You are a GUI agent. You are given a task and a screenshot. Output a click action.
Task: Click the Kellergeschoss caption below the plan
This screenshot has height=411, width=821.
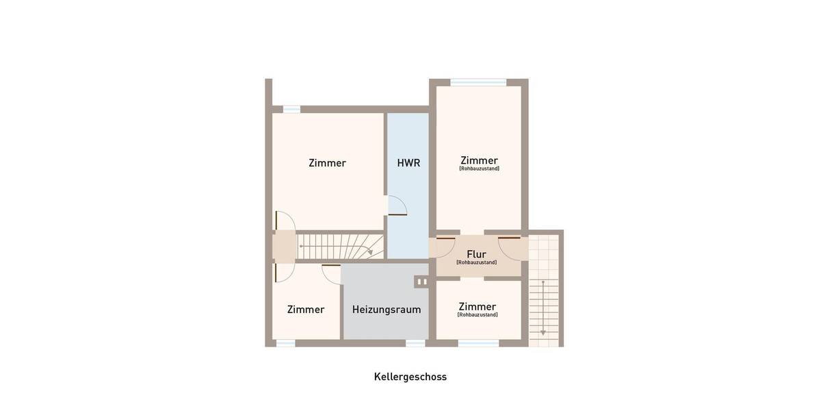(410, 377)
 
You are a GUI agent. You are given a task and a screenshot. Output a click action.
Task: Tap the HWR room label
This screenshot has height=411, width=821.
(408, 163)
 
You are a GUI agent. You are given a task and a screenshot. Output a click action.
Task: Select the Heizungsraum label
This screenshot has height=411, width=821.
(387, 310)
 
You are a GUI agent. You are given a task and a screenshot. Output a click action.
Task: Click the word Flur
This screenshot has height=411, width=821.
(476, 254)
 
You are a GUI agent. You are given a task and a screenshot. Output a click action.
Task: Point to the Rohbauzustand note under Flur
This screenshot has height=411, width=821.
(476, 262)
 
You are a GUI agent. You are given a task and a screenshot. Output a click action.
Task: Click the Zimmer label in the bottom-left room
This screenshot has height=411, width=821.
(306, 310)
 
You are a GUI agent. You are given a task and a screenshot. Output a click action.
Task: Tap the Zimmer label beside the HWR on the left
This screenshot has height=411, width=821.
(327, 163)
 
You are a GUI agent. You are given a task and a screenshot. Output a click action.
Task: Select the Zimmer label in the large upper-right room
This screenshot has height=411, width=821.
(479, 160)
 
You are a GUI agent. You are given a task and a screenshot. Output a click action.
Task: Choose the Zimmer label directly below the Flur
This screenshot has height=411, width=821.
(478, 306)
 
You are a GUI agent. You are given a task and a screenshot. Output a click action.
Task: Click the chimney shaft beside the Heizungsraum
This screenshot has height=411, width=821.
(421, 282)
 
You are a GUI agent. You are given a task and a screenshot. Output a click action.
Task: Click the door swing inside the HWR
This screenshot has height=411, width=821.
(398, 206)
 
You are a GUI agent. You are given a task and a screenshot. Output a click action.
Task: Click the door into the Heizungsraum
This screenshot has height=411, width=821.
(331, 273)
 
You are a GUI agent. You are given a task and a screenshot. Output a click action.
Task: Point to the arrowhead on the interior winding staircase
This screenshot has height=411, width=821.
(370, 253)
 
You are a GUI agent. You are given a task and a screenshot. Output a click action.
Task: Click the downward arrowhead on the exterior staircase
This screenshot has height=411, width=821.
(543, 332)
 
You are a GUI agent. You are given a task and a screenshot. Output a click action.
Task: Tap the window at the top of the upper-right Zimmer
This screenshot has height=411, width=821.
(478, 82)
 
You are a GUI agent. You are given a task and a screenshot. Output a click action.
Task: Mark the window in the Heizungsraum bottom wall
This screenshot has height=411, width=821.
(415, 342)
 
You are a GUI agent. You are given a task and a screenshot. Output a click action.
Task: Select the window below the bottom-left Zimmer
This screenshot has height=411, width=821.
(285, 342)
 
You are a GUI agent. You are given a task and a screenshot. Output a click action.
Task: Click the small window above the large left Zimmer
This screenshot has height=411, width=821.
(291, 109)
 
